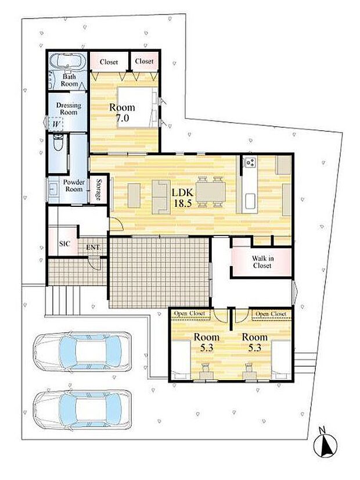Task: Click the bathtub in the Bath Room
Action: pos(67,60)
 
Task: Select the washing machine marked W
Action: pos(56,124)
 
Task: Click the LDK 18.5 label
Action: pos(182,198)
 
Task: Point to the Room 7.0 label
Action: pos(122,112)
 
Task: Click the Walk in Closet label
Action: pos(262,262)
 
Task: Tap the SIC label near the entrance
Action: pos(64,243)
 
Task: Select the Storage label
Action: pos(99,189)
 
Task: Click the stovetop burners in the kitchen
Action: pos(250,162)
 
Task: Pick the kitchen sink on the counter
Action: pos(251,202)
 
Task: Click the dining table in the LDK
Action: pos(210,192)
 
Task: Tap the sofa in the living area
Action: pos(161,197)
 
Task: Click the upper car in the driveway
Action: pos(82,352)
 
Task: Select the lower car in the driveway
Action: pos(82,410)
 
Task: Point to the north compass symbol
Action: pos(325,443)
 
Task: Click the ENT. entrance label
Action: pos(93,248)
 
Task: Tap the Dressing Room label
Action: pos(69,109)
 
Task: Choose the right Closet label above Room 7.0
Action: pos(144,61)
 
